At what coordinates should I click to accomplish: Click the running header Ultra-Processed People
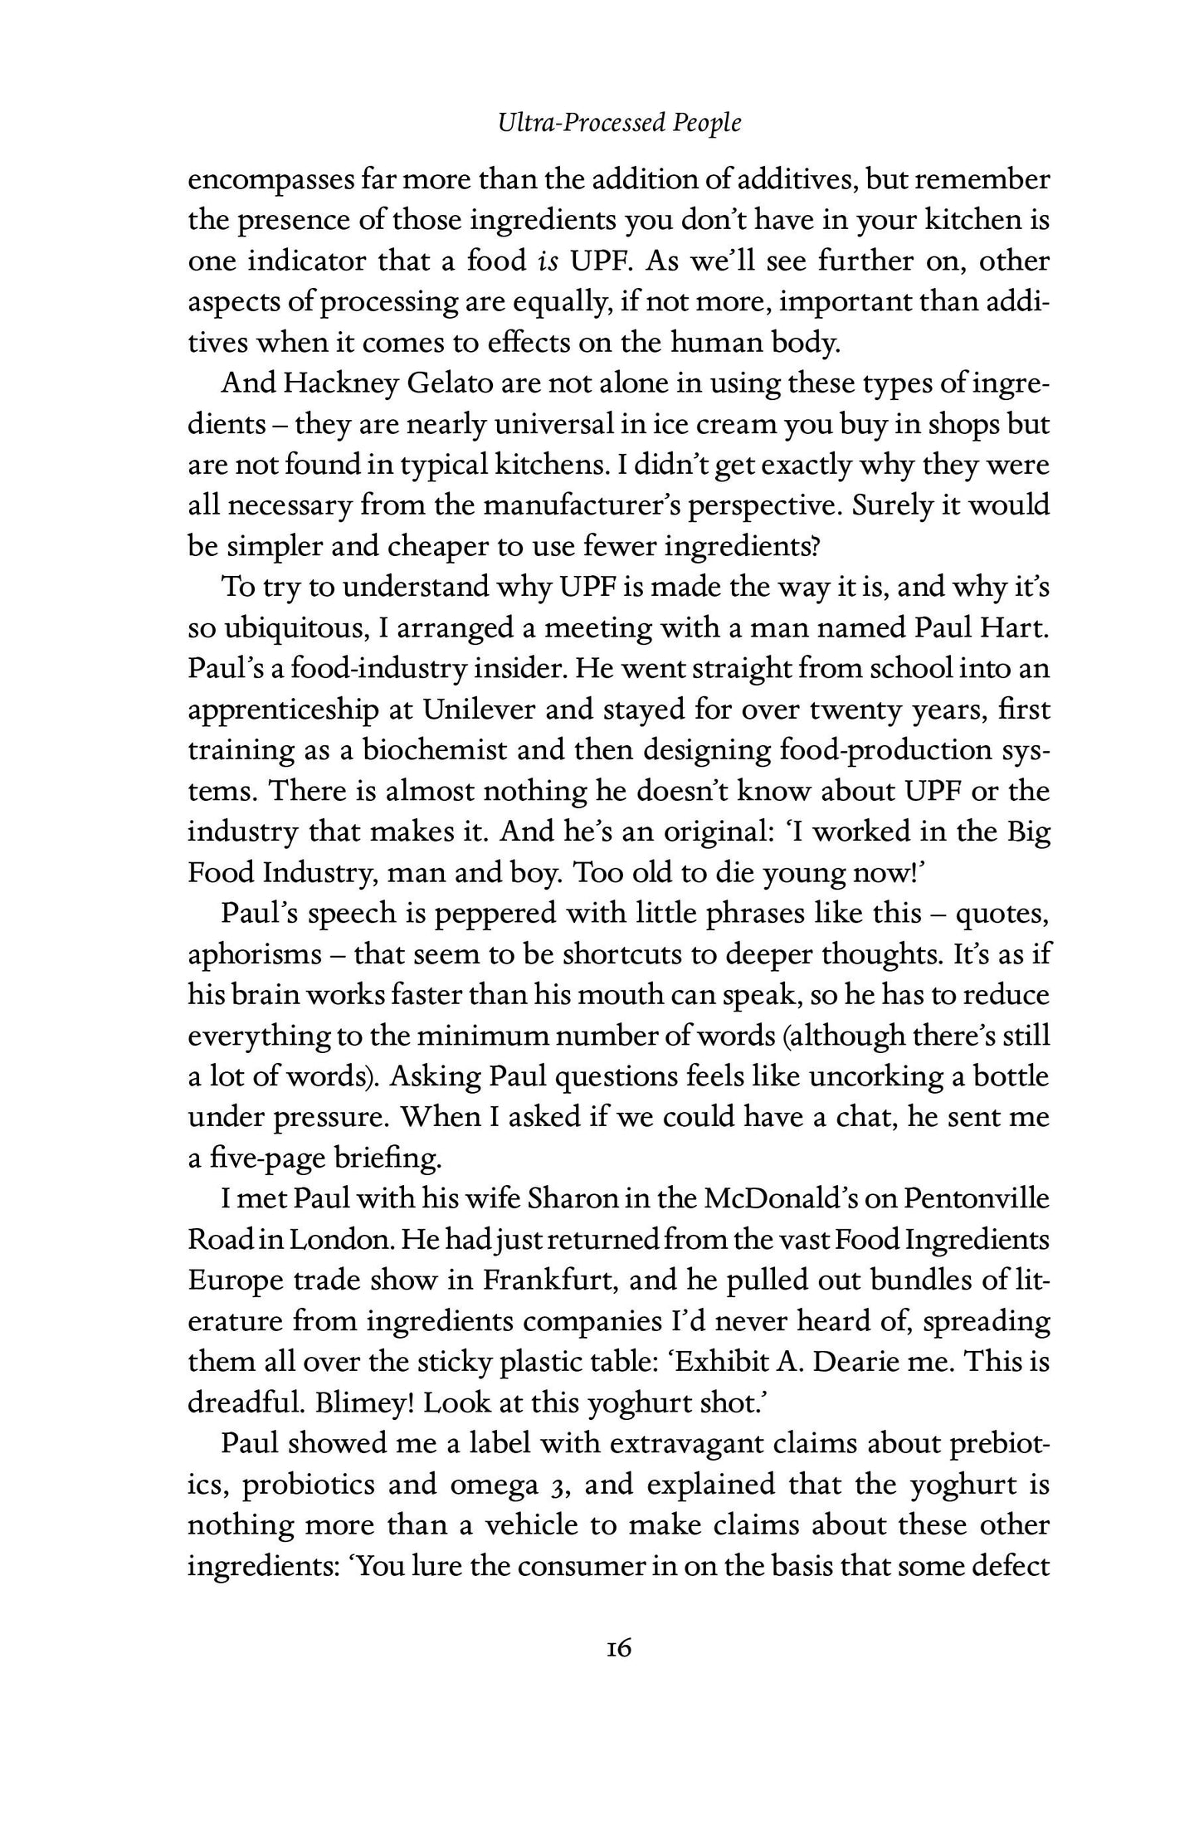pyautogui.click(x=619, y=124)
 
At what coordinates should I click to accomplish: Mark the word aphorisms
pyautogui.click(x=254, y=954)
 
